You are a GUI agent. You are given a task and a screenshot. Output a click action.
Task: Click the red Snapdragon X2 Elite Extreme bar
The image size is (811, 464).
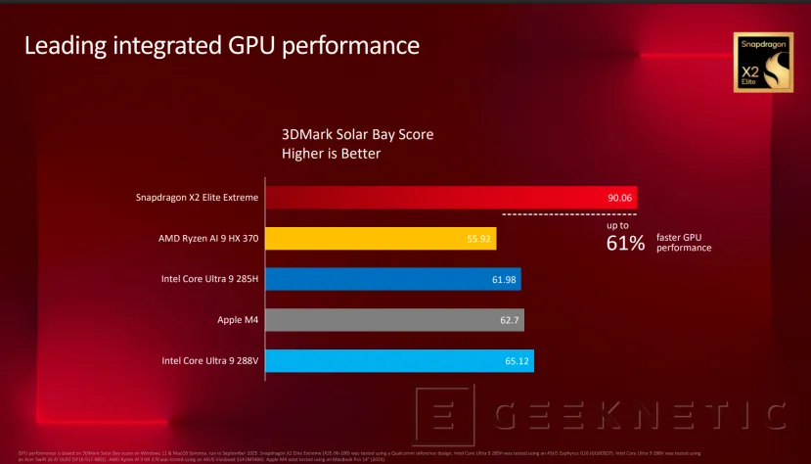450,197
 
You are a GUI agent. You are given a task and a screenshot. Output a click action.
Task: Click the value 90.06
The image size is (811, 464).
619,197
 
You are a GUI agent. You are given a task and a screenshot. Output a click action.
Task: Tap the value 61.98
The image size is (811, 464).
504,279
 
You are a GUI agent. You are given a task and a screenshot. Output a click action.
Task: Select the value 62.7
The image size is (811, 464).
510,320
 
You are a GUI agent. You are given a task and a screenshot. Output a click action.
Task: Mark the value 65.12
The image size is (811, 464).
517,361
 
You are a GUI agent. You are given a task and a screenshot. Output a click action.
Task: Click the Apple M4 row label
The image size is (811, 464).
238,320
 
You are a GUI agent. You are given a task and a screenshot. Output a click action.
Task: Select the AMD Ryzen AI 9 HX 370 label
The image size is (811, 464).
208,238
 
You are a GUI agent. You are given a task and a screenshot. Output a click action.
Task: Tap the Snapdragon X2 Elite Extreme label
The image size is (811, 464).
197,197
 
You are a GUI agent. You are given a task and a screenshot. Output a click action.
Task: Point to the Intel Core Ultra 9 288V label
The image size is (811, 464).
209,361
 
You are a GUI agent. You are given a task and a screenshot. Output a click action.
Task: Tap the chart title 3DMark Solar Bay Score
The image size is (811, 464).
357,134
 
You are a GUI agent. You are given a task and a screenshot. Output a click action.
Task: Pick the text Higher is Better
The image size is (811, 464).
331,154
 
